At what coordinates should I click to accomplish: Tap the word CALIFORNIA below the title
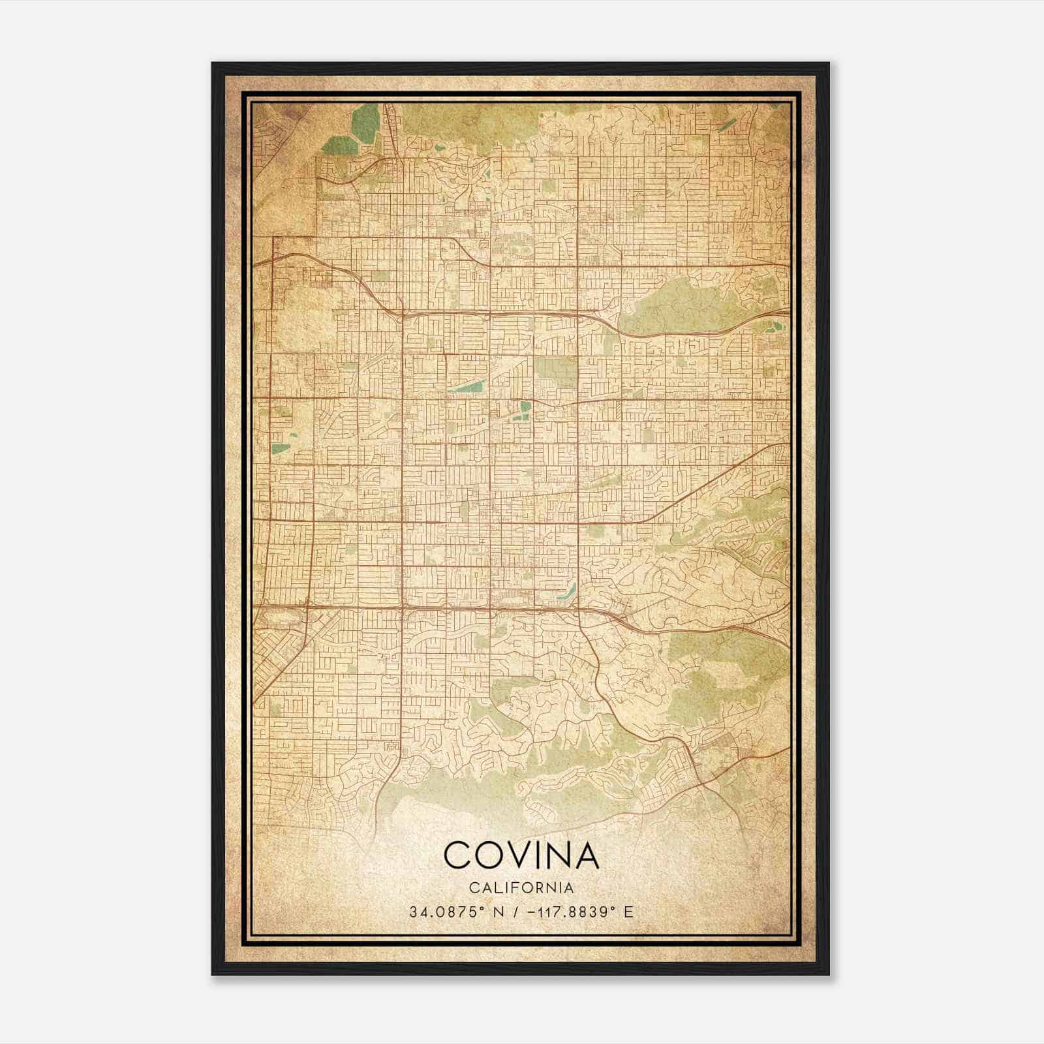[x=521, y=888]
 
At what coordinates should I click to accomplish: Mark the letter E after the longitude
[x=628, y=912]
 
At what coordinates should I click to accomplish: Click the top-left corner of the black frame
[x=213, y=64]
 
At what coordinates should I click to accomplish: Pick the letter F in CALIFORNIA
[x=515, y=888]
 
